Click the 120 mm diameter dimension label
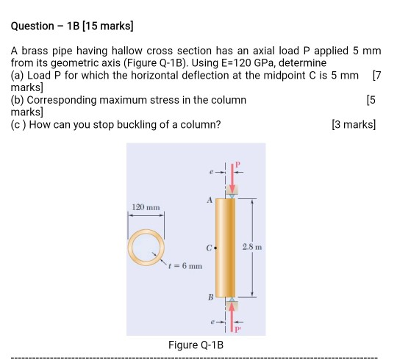[x=146, y=209]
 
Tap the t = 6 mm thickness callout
[x=185, y=265]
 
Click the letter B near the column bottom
[x=210, y=297]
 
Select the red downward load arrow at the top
[x=233, y=176]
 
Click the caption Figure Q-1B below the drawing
[x=196, y=345]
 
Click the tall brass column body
[x=225, y=248]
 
